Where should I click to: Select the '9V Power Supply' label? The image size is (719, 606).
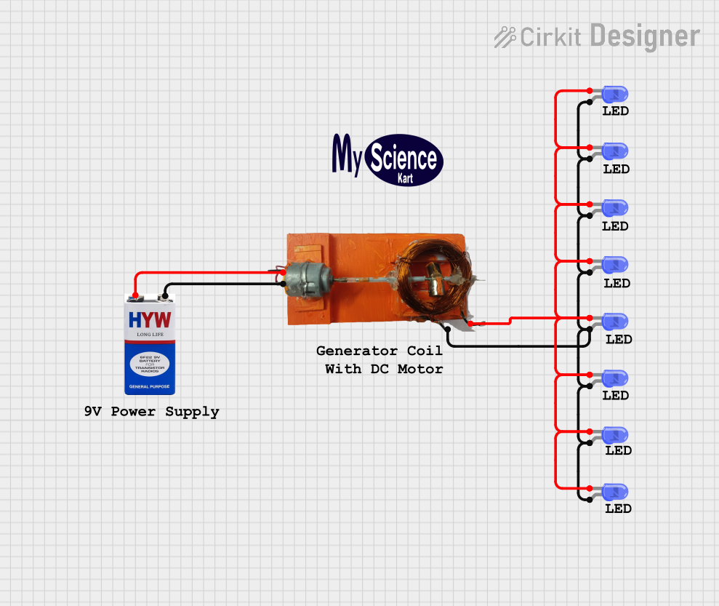(151, 412)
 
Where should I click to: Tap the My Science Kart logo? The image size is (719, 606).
(387, 159)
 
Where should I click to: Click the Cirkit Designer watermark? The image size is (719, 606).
(597, 36)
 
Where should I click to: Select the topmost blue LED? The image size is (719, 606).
(615, 93)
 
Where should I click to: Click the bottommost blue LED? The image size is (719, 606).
(615, 491)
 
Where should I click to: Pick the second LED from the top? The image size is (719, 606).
(615, 151)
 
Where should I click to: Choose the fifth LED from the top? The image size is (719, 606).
(615, 321)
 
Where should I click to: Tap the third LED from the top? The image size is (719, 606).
(615, 207)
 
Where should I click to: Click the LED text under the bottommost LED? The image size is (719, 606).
(618, 509)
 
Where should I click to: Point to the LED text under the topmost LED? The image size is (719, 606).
(615, 111)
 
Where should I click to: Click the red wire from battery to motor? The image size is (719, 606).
(204, 273)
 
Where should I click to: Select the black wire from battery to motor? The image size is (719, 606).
(218, 284)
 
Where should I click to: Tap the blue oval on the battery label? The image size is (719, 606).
(150, 363)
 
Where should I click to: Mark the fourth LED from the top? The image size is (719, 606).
(615, 264)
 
